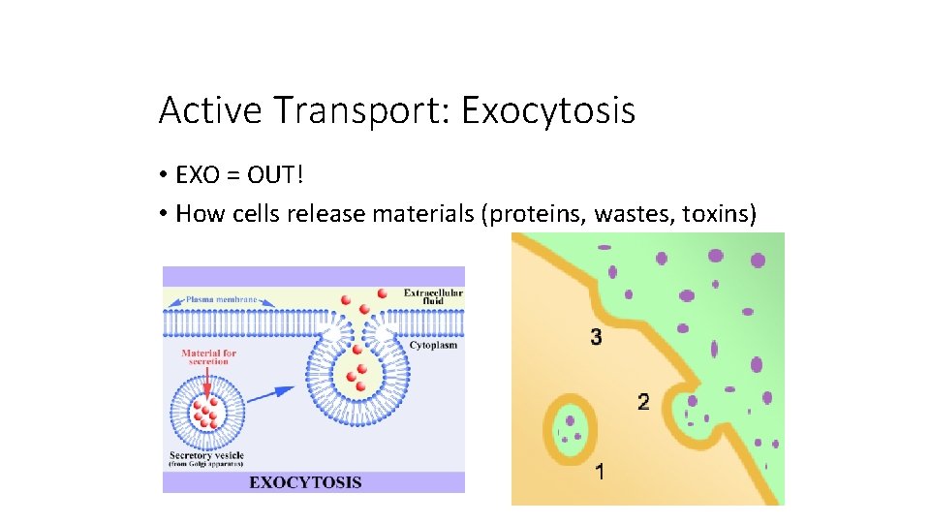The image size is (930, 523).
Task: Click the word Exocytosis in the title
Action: [x=548, y=111]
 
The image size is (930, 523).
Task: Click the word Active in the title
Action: [x=209, y=111]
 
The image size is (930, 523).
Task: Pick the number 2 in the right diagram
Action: [x=643, y=400]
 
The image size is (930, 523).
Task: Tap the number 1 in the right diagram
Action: [x=601, y=473]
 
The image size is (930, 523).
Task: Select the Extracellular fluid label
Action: [x=433, y=296]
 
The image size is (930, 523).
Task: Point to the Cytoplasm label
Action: [x=433, y=345]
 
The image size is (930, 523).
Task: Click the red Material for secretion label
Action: [x=208, y=358]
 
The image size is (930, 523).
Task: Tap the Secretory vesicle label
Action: [x=206, y=456]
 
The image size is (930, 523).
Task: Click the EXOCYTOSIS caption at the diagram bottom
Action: [x=305, y=481]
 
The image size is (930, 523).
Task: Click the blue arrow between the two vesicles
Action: [x=280, y=391]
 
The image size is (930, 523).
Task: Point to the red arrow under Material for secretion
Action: [x=205, y=382]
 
